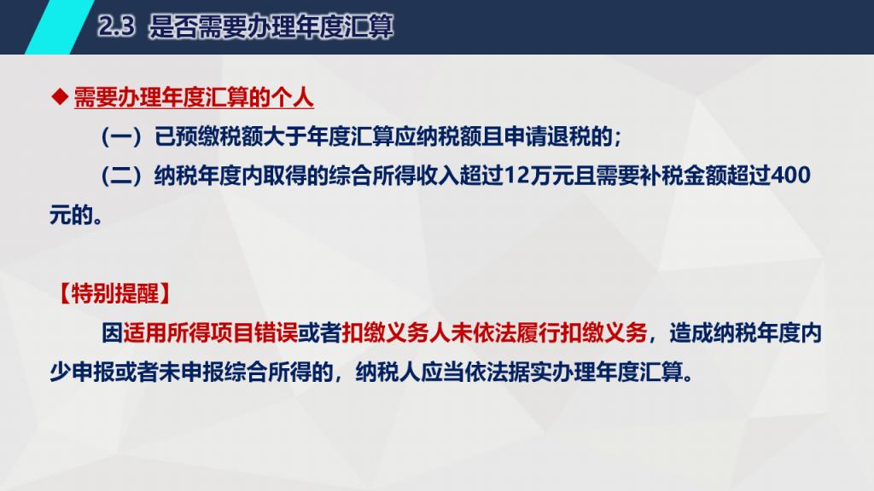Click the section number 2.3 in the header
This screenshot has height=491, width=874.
[116, 26]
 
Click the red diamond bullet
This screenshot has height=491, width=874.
[59, 97]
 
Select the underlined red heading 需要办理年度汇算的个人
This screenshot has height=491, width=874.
[194, 97]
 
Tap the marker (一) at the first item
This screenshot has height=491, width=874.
[121, 136]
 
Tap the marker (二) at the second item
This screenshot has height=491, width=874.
[121, 176]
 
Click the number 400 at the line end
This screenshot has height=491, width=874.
[790, 176]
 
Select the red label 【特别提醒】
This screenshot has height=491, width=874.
[114, 293]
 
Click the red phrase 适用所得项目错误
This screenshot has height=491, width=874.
[211, 333]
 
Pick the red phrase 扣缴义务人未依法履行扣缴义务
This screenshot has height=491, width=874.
[494, 333]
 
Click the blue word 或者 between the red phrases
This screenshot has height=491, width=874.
[320, 333]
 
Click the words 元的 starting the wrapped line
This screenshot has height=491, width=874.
[72, 215]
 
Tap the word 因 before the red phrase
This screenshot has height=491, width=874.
[112, 333]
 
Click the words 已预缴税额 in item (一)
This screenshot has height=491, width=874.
[208, 136]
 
